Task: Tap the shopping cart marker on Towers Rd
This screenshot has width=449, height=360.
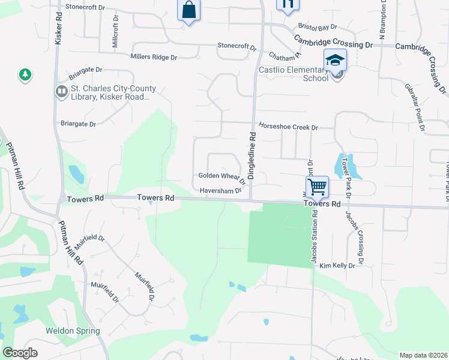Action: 316,186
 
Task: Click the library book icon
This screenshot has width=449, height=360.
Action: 61,92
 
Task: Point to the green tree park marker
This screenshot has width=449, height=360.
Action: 25,75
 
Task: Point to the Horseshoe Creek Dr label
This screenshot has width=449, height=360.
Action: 288,127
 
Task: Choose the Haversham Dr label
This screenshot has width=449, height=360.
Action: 220,191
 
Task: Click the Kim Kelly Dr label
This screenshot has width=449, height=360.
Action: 337,265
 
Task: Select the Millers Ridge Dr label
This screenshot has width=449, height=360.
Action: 154,57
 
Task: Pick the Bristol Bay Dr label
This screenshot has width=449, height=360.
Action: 318,28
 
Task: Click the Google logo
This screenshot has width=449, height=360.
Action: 20,353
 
